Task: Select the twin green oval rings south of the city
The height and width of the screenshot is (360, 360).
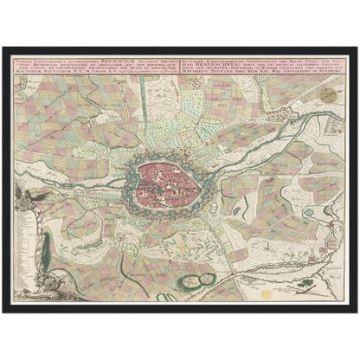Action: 205,278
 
